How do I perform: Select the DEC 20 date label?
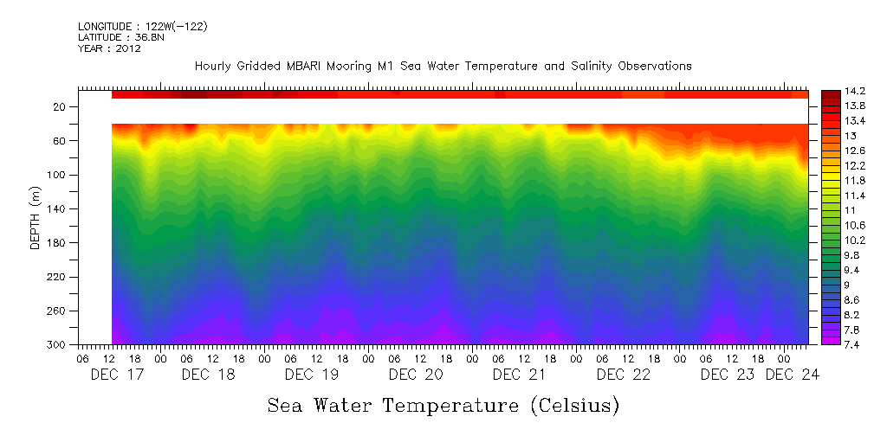pyautogui.click(x=416, y=375)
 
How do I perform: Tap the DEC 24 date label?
pyautogui.click(x=793, y=375)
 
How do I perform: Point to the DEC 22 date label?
pyautogui.click(x=624, y=375)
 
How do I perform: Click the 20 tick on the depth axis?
pyautogui.click(x=61, y=107)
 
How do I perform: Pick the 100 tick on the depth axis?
pyautogui.click(x=58, y=176)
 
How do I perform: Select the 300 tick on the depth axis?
pyautogui.click(x=58, y=345)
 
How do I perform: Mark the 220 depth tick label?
pyautogui.click(x=58, y=278)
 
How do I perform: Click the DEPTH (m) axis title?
pyautogui.click(x=36, y=221)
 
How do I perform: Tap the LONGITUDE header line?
pyautogui.click(x=142, y=27)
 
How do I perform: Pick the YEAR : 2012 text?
pyautogui.click(x=109, y=48)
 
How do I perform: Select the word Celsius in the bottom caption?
pyautogui.click(x=573, y=405)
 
